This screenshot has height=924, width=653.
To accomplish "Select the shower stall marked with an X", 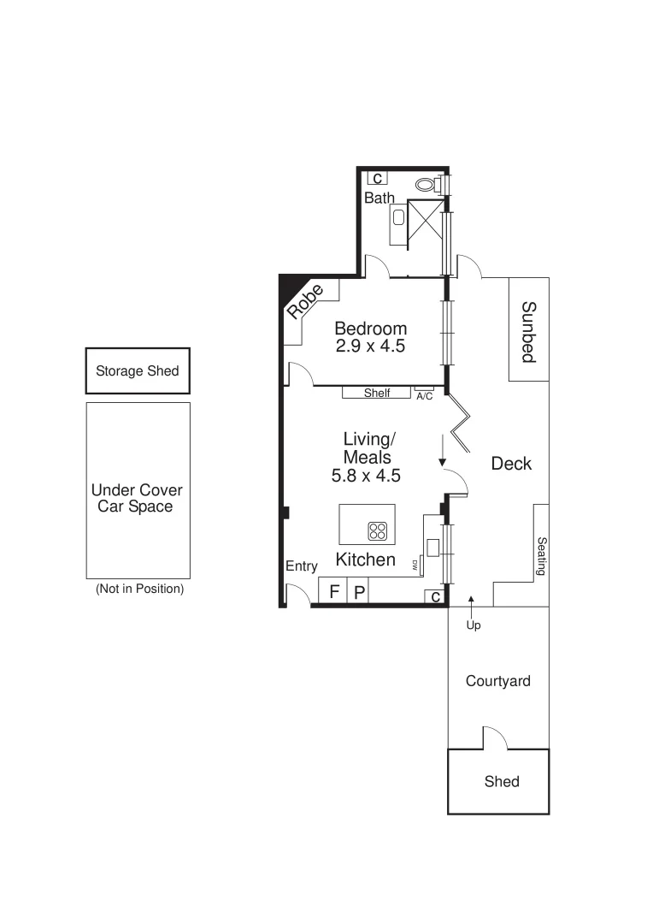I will (x=425, y=223).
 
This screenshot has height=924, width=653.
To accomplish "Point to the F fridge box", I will (x=334, y=591).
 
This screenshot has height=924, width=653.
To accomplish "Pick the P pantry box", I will (x=359, y=591).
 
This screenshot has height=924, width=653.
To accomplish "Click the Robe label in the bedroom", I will (x=305, y=302).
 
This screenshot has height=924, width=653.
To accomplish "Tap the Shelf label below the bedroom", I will (x=377, y=394).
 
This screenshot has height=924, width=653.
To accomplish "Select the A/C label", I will (x=425, y=395).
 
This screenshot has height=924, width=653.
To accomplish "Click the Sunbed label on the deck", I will (x=528, y=331).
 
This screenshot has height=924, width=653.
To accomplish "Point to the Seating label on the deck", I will (x=541, y=555).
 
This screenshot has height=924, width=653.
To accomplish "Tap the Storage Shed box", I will (x=137, y=371).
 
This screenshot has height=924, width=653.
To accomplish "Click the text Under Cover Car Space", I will (x=137, y=498).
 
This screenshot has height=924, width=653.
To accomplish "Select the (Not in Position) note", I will (x=138, y=589).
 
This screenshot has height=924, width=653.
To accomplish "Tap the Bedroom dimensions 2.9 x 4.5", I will (x=369, y=346).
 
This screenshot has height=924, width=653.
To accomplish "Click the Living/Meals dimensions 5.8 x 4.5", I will (x=367, y=476).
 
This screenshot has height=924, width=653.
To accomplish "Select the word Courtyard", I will (x=497, y=681).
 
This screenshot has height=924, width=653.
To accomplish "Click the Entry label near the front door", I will (x=302, y=566).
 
